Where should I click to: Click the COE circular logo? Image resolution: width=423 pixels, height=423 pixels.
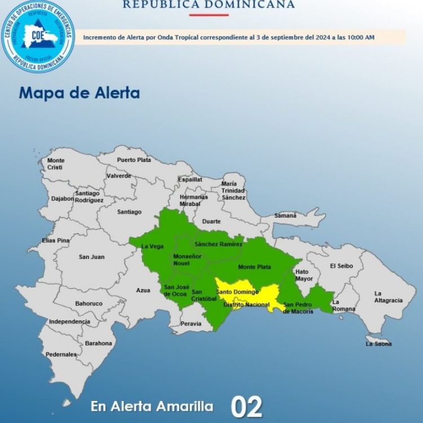pyautogui.click(x=38, y=36)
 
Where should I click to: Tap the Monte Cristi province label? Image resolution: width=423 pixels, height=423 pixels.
pyautogui.click(x=56, y=164)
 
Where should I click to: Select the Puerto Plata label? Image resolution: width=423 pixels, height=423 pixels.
pyautogui.click(x=134, y=160)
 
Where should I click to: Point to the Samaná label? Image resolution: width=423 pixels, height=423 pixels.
pyautogui.click(x=285, y=215)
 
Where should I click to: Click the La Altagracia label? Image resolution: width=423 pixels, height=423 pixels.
pyautogui.click(x=389, y=297)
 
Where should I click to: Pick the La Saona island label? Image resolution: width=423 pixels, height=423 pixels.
pyautogui.click(x=378, y=343)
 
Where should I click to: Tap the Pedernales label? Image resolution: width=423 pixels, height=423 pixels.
pyautogui.click(x=61, y=354)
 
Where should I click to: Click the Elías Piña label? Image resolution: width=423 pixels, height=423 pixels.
pyautogui.click(x=55, y=241)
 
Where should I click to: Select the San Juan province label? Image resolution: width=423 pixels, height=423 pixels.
pyautogui.click(x=91, y=257)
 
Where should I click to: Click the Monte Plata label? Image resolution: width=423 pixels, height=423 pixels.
pyautogui.click(x=254, y=267)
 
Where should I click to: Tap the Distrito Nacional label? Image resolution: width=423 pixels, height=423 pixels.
pyautogui.click(x=246, y=305)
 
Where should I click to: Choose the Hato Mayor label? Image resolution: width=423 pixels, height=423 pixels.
pyautogui.click(x=304, y=275)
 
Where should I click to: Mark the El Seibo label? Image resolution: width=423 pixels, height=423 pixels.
pyautogui.click(x=341, y=266)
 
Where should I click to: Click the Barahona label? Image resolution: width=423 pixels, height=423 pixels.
pyautogui.click(x=99, y=343)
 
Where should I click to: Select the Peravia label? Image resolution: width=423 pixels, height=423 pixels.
pyautogui.click(x=191, y=324)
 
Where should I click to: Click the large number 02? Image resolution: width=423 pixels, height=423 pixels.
pyautogui.click(x=246, y=407)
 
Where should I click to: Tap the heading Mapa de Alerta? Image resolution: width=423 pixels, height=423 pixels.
pyautogui.click(x=79, y=92)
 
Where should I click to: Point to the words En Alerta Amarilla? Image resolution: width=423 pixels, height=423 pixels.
pyautogui.click(x=152, y=406)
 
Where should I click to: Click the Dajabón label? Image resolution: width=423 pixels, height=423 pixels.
pyautogui.click(x=63, y=199)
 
